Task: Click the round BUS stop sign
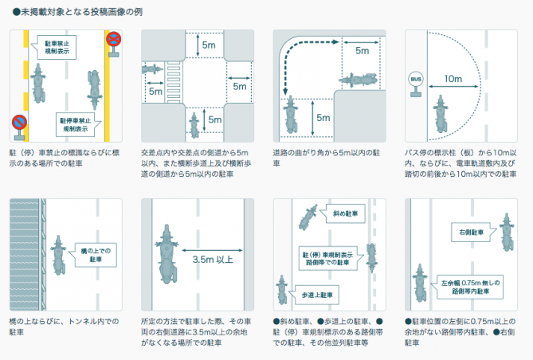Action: coord(415,79)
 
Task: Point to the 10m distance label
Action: coord(453,79)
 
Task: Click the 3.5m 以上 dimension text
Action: coord(215,259)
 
